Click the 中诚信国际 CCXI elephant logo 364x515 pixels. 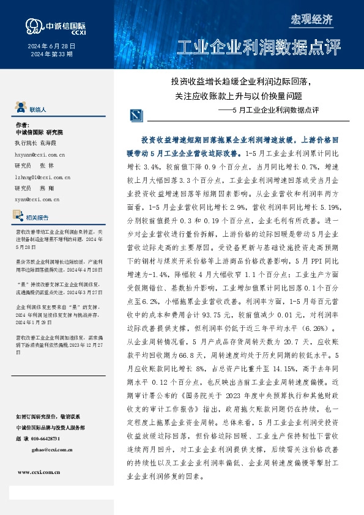point(33,26)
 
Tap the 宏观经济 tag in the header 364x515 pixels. point(311,19)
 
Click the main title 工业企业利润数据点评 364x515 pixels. point(258,48)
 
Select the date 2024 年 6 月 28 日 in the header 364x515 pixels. point(52,46)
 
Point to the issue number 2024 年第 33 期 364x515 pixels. point(52,54)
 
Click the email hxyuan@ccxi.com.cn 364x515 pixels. point(40,155)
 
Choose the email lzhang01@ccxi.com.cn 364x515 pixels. point(42,177)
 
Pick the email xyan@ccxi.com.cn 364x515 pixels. point(36,199)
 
